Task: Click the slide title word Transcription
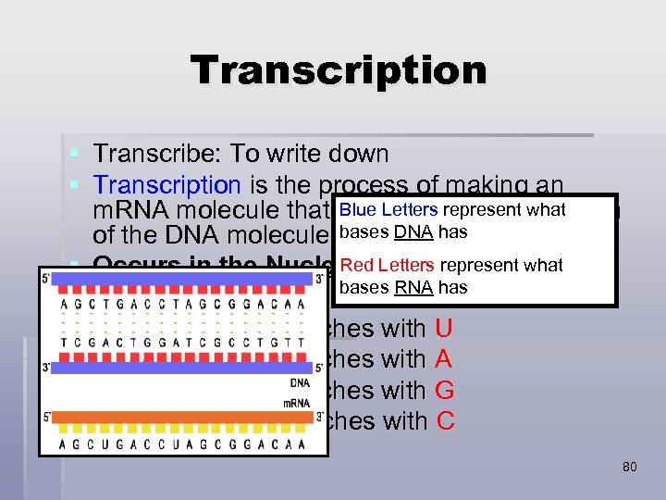pos(338,70)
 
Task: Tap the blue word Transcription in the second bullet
pos(167,185)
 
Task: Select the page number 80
pos(629,467)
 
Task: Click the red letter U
pos(443,328)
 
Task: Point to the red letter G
pos(444,390)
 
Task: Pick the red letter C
pos(445,421)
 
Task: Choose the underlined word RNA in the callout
pos(413,287)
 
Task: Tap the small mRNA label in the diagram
pos(297,403)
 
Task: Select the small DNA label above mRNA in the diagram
pos(300,383)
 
